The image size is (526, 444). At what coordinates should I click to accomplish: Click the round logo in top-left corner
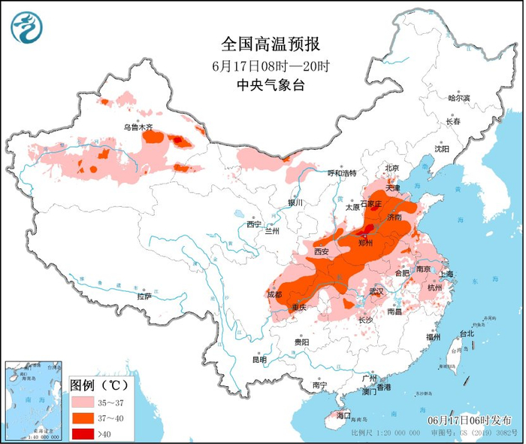click(26, 27)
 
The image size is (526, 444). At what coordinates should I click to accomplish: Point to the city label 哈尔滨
click(458, 98)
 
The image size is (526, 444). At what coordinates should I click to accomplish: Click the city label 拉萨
click(144, 297)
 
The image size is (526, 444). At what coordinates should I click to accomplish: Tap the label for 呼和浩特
click(341, 173)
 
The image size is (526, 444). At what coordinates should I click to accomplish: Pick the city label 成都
click(274, 294)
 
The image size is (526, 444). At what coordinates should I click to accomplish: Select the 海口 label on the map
click(343, 415)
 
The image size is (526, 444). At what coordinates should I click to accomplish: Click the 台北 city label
click(466, 333)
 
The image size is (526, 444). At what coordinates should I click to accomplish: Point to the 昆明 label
click(259, 359)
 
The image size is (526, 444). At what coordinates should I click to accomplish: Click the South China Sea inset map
click(33, 402)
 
